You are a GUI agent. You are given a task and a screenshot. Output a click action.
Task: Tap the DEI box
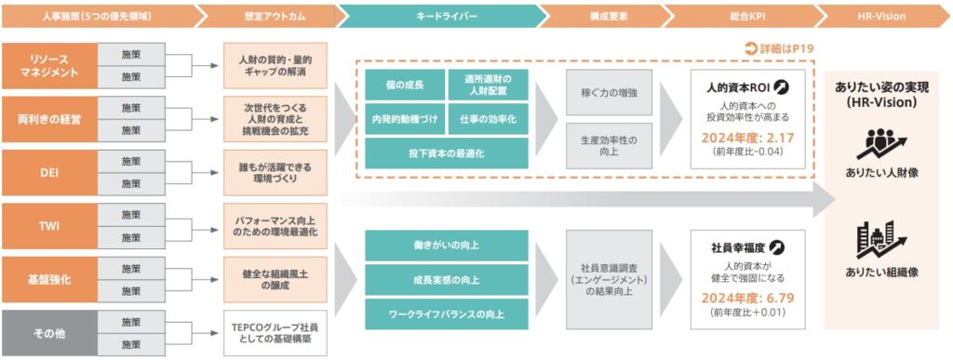pos(49,172)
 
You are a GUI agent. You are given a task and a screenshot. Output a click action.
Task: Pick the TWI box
pos(49,225)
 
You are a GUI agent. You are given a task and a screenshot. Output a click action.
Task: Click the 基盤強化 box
pos(49,279)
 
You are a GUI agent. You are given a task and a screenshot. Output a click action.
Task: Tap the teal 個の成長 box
pos(404,86)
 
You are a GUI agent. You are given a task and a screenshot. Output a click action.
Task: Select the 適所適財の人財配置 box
pos(488,86)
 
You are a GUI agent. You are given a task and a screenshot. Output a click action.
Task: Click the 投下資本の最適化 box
pos(446,152)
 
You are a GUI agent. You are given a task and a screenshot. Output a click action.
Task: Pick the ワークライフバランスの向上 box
pos(446,314)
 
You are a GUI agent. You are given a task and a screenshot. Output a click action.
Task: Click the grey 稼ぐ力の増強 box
pos(609,92)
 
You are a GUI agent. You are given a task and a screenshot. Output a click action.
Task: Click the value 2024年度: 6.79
pos(746,299)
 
